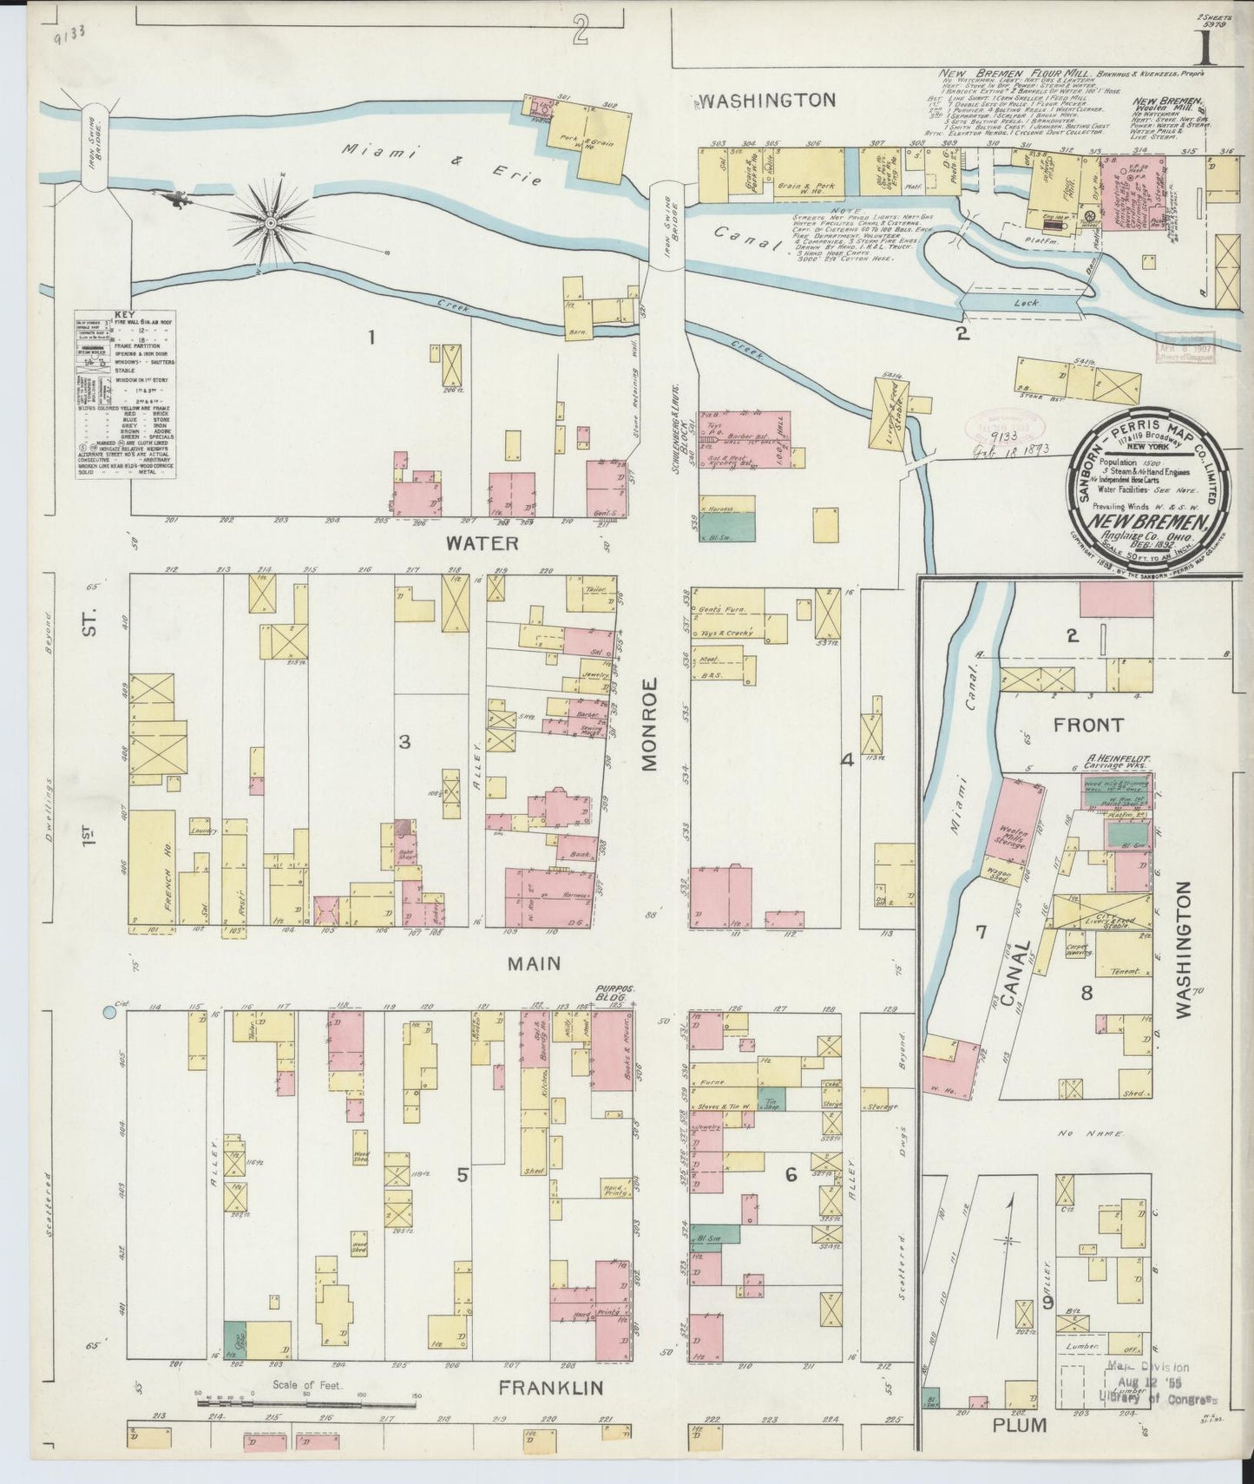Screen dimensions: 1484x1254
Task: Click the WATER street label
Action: click(482, 544)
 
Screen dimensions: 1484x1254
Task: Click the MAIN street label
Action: click(534, 963)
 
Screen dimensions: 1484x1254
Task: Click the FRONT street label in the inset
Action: click(1087, 725)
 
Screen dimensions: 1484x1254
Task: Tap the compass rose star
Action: click(271, 222)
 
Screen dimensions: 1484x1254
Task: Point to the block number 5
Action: click(463, 1175)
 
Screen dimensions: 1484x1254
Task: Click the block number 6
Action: click(791, 1175)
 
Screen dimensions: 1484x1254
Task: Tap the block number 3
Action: click(404, 741)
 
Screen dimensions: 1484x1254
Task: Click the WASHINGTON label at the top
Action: click(767, 101)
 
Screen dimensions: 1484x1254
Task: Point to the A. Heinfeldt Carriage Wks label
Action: click(1115, 761)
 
